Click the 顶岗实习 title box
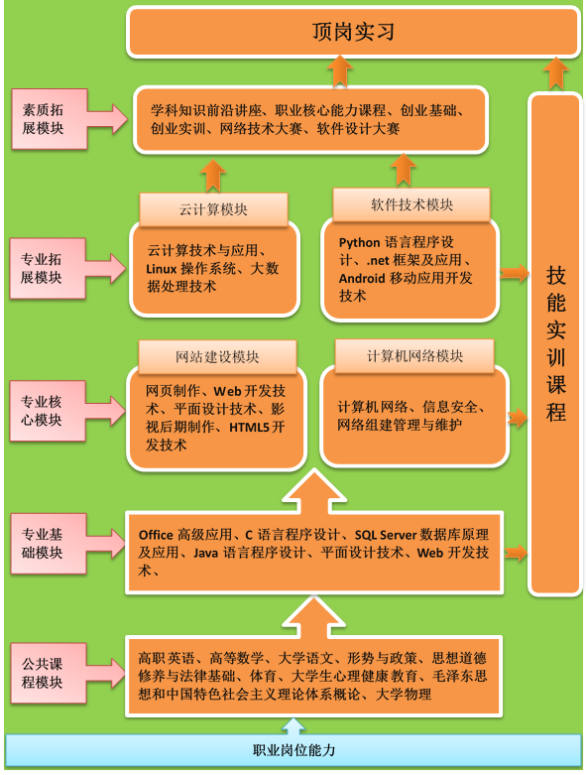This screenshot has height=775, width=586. point(353,32)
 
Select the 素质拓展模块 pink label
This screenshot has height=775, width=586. point(50,119)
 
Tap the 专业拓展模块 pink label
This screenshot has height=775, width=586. point(48,268)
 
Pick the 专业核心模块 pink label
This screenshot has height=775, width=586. point(48,411)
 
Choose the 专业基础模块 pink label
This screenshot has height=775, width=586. point(49,544)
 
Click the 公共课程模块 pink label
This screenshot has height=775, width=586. point(49,673)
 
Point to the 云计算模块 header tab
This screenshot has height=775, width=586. point(213,209)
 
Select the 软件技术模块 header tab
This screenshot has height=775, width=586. point(411,204)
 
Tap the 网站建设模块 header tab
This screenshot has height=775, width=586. point(217,357)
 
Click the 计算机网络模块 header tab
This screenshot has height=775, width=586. point(414,356)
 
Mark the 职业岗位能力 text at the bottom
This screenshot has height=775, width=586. point(293,750)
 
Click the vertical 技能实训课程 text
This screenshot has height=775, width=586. point(556,343)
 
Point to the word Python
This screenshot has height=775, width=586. point(359,243)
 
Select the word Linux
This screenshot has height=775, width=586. point(162,269)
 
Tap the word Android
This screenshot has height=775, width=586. point(362,278)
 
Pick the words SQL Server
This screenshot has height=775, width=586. point(386,535)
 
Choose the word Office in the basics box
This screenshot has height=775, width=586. point(156,535)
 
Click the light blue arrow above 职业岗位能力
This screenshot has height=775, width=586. point(293,726)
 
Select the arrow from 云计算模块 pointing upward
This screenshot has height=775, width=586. point(213,176)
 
